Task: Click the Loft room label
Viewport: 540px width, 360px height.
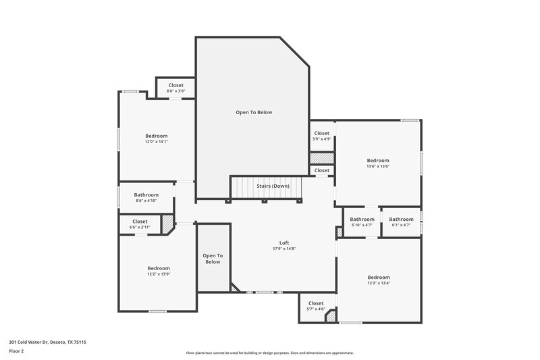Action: pyautogui.click(x=283, y=242)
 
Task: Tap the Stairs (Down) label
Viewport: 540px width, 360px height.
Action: pyautogui.click(x=273, y=186)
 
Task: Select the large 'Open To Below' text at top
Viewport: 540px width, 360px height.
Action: pyautogui.click(x=254, y=112)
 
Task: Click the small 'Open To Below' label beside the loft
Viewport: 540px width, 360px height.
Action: pyautogui.click(x=213, y=259)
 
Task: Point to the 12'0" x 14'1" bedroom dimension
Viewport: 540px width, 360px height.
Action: pyautogui.click(x=156, y=142)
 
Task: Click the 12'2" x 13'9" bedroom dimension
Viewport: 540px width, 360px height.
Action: pyautogui.click(x=159, y=274)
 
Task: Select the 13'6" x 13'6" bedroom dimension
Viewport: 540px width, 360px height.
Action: pyautogui.click(x=378, y=166)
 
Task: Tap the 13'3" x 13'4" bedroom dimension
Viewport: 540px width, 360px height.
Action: pyautogui.click(x=378, y=283)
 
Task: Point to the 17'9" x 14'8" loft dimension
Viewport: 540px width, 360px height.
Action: pyautogui.click(x=283, y=249)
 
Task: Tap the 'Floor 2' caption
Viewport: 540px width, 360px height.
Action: pyautogui.click(x=16, y=351)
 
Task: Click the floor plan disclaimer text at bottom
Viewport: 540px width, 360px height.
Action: pyautogui.click(x=270, y=353)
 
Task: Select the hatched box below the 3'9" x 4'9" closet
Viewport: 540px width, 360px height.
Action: pyautogui.click(x=322, y=157)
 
